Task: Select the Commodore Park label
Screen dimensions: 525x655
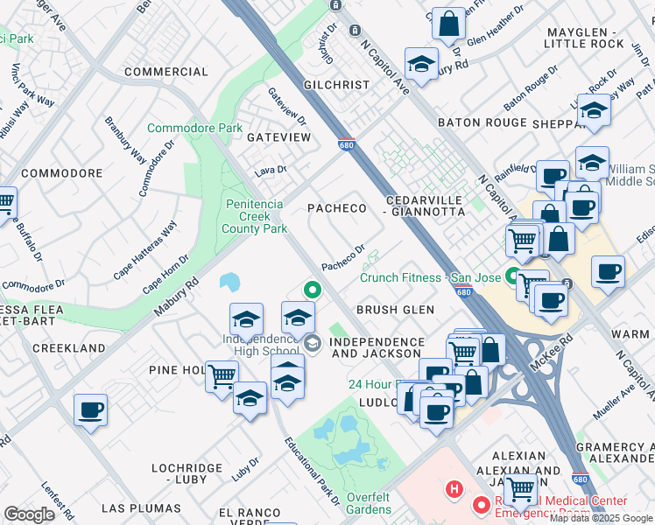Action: [x=194, y=128]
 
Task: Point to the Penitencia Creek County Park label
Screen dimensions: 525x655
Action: [x=254, y=216]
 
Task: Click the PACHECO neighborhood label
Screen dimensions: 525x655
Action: [x=335, y=207]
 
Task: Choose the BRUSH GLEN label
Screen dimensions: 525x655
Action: [x=395, y=310]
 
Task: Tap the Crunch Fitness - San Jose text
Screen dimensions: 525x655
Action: [x=429, y=278]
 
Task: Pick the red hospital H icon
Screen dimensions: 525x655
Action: [x=454, y=487]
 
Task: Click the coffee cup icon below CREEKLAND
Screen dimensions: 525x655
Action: [x=90, y=409]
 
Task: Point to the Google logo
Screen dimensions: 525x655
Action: [x=29, y=514]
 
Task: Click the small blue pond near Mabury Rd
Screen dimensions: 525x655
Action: [x=230, y=282]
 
